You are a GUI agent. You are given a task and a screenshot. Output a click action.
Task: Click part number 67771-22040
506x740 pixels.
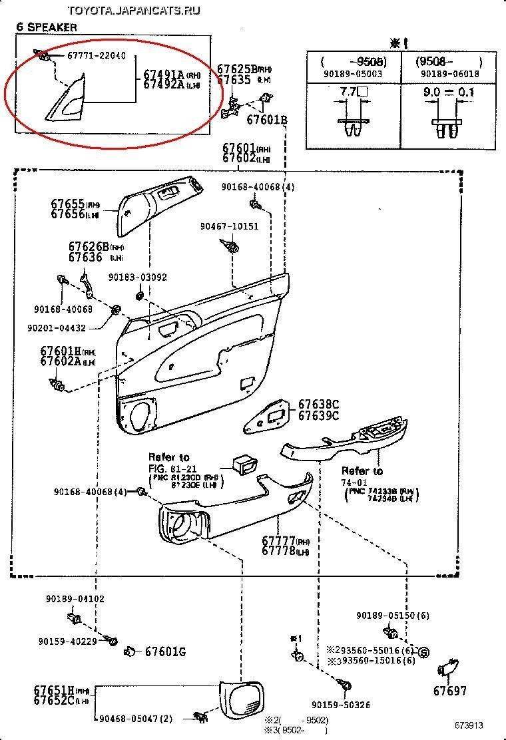(96, 57)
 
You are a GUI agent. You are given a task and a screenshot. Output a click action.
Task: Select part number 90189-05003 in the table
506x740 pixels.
(353, 74)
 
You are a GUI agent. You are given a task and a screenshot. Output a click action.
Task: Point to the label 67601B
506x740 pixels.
(266, 120)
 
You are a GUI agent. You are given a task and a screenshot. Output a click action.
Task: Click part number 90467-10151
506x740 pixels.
(229, 226)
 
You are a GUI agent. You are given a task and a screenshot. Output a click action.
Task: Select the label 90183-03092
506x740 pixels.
(138, 277)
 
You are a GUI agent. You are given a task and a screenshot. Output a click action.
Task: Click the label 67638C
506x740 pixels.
(318, 404)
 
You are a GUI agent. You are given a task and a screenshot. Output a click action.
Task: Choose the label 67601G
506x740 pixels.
(165, 651)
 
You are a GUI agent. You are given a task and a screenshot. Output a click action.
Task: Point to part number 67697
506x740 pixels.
(450, 691)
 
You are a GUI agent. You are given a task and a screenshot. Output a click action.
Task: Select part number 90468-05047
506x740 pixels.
(136, 719)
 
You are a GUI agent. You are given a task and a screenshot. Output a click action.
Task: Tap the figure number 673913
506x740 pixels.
(469, 725)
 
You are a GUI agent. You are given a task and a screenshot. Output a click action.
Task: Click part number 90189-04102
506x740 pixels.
(75, 599)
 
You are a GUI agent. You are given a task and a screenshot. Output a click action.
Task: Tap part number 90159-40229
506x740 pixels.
(68, 642)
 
